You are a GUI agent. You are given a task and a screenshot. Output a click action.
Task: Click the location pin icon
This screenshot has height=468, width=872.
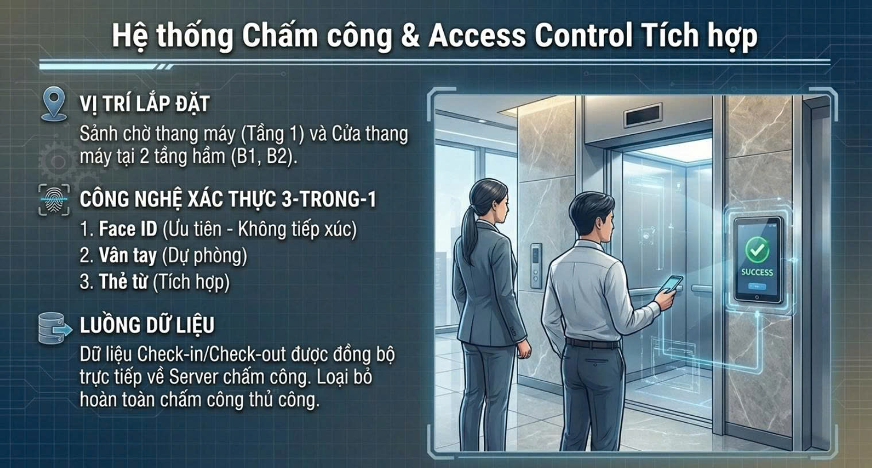click(54, 104)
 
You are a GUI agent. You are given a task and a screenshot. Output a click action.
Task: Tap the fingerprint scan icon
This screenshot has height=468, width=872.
click(54, 200)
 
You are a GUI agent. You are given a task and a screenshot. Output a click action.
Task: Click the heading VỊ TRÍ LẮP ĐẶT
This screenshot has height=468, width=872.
click(145, 104)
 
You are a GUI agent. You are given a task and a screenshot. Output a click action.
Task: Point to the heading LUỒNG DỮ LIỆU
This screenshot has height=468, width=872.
click(147, 325)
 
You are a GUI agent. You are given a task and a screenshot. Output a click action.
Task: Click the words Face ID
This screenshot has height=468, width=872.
click(128, 229)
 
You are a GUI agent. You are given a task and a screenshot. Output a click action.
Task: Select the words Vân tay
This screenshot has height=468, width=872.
click(127, 255)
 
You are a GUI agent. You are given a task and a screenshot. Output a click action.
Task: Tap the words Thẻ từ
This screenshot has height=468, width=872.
click(123, 282)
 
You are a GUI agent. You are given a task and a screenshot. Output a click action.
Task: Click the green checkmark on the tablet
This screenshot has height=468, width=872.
click(757, 249)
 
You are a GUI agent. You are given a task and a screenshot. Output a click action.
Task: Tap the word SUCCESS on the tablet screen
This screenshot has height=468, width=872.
click(757, 272)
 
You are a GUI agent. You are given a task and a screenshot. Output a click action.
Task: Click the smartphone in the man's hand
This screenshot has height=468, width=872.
click(672, 284)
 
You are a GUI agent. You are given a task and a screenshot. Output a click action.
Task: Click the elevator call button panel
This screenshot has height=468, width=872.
click(536, 266)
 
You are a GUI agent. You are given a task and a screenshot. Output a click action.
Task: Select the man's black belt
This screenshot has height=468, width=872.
click(592, 344)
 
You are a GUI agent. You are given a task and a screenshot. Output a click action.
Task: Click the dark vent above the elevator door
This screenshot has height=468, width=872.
click(643, 115)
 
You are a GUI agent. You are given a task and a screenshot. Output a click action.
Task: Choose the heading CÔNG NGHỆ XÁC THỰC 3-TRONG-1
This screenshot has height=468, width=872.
click(228, 199)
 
